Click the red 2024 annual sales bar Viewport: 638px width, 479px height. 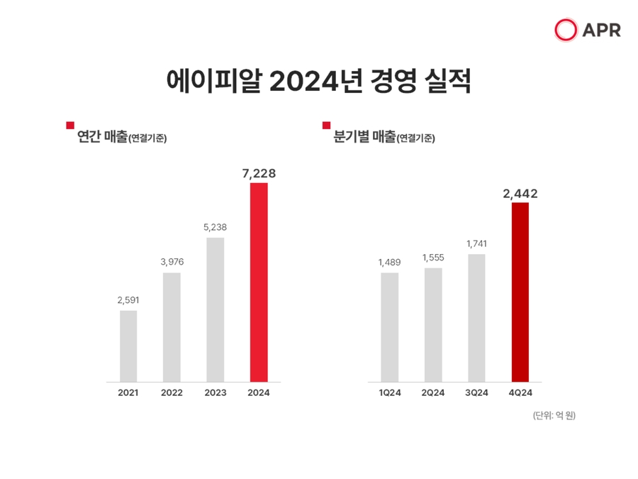(259, 282)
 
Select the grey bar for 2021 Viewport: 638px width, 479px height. (128, 346)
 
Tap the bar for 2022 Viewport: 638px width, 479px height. (172, 327)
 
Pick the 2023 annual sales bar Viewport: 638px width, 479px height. (216, 309)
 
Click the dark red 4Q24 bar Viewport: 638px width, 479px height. (520, 292)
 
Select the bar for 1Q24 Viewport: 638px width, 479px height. (389, 327)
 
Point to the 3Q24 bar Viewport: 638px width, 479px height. (476, 318)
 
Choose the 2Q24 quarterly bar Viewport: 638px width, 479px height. (433, 324)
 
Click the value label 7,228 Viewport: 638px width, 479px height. (258, 172)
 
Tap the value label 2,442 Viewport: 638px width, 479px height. (520, 192)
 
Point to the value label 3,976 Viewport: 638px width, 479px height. (172, 263)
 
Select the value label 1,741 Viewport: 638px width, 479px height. (476, 243)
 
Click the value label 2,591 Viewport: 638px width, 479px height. (128, 300)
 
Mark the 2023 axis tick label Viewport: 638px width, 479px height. (216, 392)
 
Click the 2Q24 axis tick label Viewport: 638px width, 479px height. (433, 392)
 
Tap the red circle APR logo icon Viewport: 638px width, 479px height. (566, 30)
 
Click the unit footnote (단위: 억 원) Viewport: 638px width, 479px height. (554, 416)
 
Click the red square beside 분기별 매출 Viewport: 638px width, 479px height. (326, 126)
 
